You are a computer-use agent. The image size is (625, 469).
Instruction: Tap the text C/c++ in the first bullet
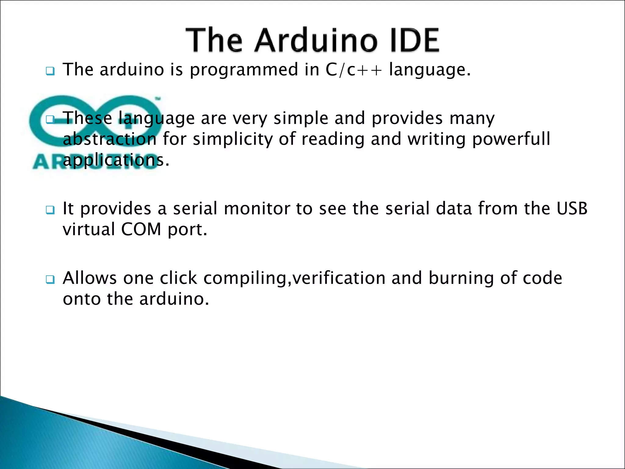point(354,70)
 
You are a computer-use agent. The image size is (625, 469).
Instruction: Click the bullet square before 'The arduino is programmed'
point(50,71)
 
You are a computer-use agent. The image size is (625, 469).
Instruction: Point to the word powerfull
point(511,139)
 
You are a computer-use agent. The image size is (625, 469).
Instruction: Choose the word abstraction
point(110,139)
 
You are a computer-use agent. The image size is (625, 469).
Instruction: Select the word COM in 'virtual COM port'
point(141,229)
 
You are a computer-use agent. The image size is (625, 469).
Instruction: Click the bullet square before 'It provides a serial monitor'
point(50,210)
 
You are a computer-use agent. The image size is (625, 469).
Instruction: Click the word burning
point(461,278)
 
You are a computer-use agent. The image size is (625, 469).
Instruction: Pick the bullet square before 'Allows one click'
point(50,280)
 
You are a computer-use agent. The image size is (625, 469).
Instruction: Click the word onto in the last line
point(81,299)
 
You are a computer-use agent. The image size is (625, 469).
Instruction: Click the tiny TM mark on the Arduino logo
point(158,99)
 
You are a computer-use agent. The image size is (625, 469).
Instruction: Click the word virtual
point(89,229)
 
